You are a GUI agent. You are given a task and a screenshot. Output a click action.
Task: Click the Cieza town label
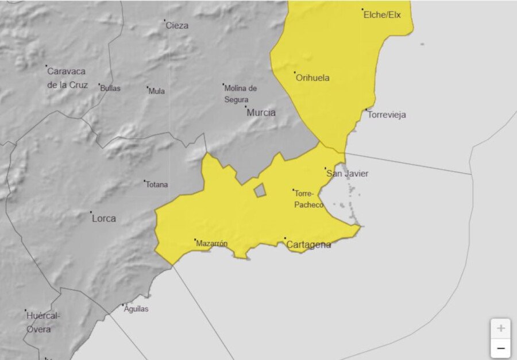pyautogui.click(x=176, y=25)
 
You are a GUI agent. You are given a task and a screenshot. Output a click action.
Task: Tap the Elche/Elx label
pyautogui.click(x=382, y=15)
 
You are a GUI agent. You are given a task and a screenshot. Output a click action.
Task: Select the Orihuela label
pyautogui.click(x=312, y=78)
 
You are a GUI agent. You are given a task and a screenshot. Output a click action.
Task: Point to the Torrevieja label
pyautogui.click(x=387, y=115)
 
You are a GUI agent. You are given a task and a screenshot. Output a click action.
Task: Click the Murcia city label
pyautogui.click(x=261, y=113)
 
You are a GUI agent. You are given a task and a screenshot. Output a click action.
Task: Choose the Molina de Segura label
pyautogui.click(x=240, y=94)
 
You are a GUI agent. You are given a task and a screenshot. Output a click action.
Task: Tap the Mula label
pyautogui.click(x=157, y=91)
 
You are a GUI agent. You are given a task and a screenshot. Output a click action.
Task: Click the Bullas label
pyautogui.click(x=110, y=88)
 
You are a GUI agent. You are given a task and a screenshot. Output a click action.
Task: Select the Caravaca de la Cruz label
pyautogui.click(x=67, y=78)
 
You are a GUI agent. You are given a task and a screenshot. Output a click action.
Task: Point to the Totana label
pyautogui.click(x=157, y=185)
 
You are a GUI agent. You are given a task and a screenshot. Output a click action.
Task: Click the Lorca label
pyautogui.click(x=103, y=218)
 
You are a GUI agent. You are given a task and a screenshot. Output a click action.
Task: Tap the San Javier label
pyautogui.click(x=347, y=173)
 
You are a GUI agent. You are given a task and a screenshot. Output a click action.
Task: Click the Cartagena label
pyautogui.click(x=308, y=245)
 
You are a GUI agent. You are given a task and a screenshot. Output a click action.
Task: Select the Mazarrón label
pyautogui.click(x=211, y=243)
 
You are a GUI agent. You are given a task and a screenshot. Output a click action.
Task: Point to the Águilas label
pyautogui.click(x=136, y=309)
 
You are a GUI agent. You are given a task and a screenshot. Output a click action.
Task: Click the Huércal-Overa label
pyautogui.click(x=43, y=322)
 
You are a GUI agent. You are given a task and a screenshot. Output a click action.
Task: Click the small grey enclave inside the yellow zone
pyautogui.click(x=260, y=191)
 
